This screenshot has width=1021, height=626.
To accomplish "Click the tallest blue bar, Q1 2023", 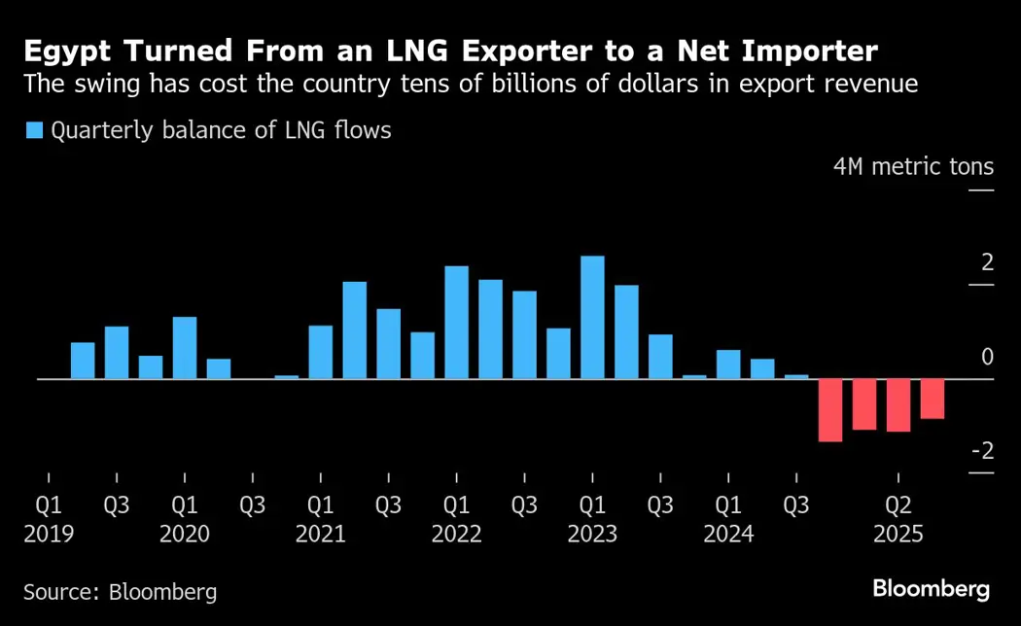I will (592, 317).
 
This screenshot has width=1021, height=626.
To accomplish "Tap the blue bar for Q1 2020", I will (185, 347).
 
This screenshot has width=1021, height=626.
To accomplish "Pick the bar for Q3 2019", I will (117, 352).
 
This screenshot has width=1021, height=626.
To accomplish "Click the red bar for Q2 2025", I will (898, 405).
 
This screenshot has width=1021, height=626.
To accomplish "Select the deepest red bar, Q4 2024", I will (829, 410).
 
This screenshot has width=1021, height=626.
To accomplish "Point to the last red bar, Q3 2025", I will (932, 399).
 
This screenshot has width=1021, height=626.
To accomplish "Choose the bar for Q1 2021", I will (321, 352).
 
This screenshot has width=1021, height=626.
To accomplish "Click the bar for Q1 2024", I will (728, 364).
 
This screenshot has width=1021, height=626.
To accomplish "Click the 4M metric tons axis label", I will (913, 167).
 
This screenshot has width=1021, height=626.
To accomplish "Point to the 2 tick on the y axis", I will (987, 263).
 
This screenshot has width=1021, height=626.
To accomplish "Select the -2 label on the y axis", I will (982, 451).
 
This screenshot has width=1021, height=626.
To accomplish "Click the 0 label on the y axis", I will (987, 358).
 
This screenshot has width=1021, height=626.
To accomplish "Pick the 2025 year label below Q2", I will (898, 535).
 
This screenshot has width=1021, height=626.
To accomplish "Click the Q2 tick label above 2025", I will (898, 505).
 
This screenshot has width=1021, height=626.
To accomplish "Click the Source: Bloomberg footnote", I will (120, 591).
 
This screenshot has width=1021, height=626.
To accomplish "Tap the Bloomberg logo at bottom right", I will (931, 588).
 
